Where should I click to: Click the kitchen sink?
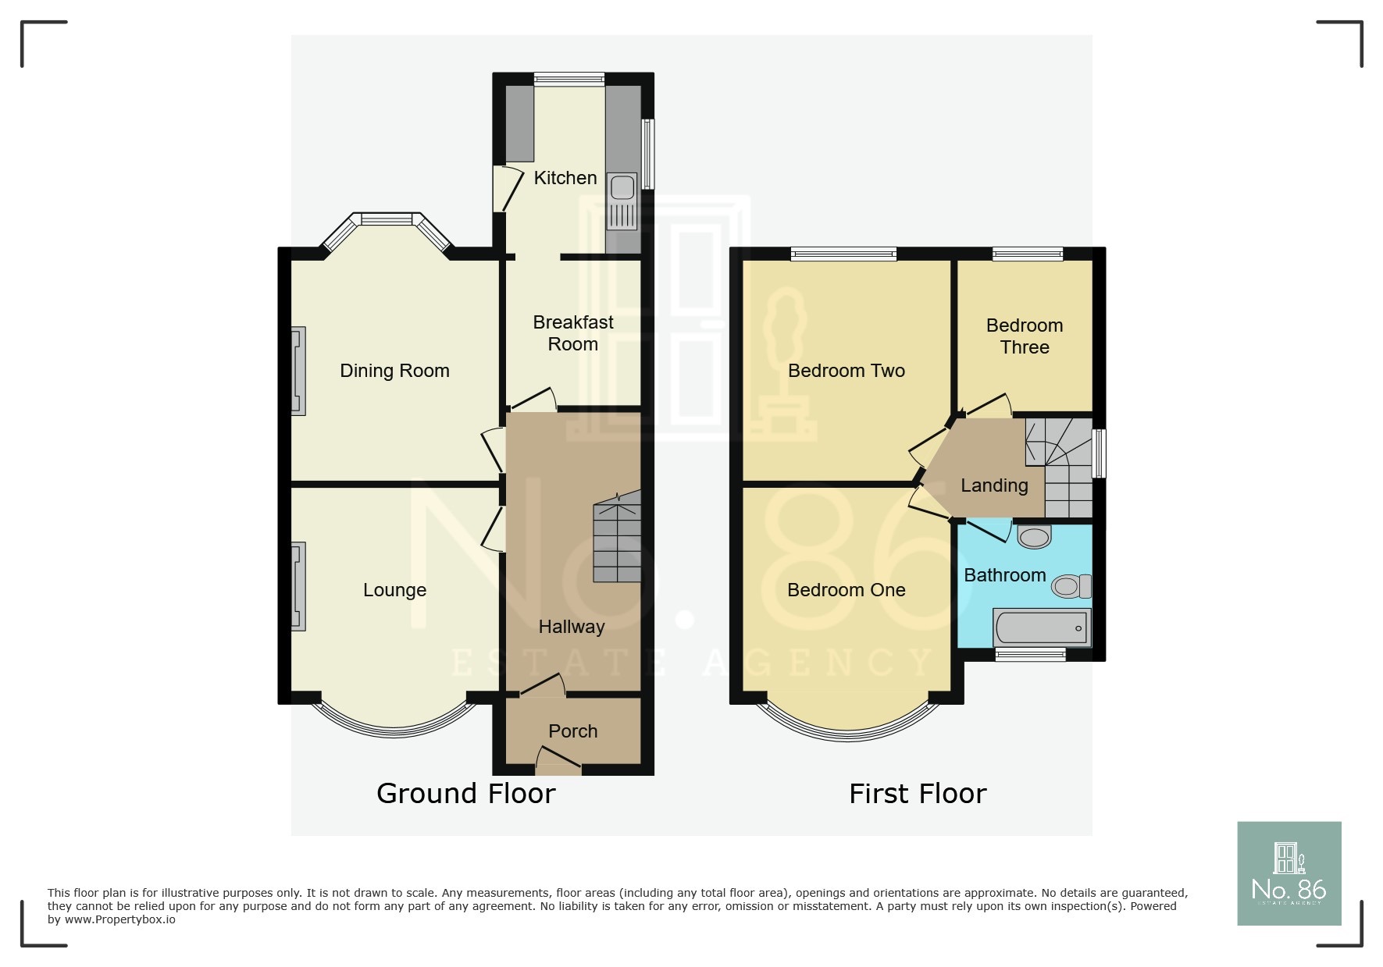click(x=622, y=201)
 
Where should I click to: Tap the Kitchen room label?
click(x=565, y=178)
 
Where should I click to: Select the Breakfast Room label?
click(x=572, y=333)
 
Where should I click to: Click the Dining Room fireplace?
click(x=298, y=371)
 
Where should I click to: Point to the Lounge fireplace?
click(x=298, y=586)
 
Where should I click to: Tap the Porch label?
click(x=572, y=731)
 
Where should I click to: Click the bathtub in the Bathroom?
click(x=1041, y=627)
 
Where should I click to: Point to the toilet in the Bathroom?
click(x=1071, y=586)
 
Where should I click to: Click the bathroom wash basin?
click(x=1035, y=537)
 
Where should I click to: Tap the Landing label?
click(x=993, y=485)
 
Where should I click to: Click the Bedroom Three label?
click(x=1024, y=336)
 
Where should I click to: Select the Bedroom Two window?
click(x=843, y=254)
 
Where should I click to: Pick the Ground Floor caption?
click(x=465, y=794)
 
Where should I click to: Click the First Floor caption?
click(x=917, y=794)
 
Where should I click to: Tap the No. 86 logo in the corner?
click(x=1289, y=873)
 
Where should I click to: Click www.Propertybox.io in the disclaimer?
click(x=119, y=920)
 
